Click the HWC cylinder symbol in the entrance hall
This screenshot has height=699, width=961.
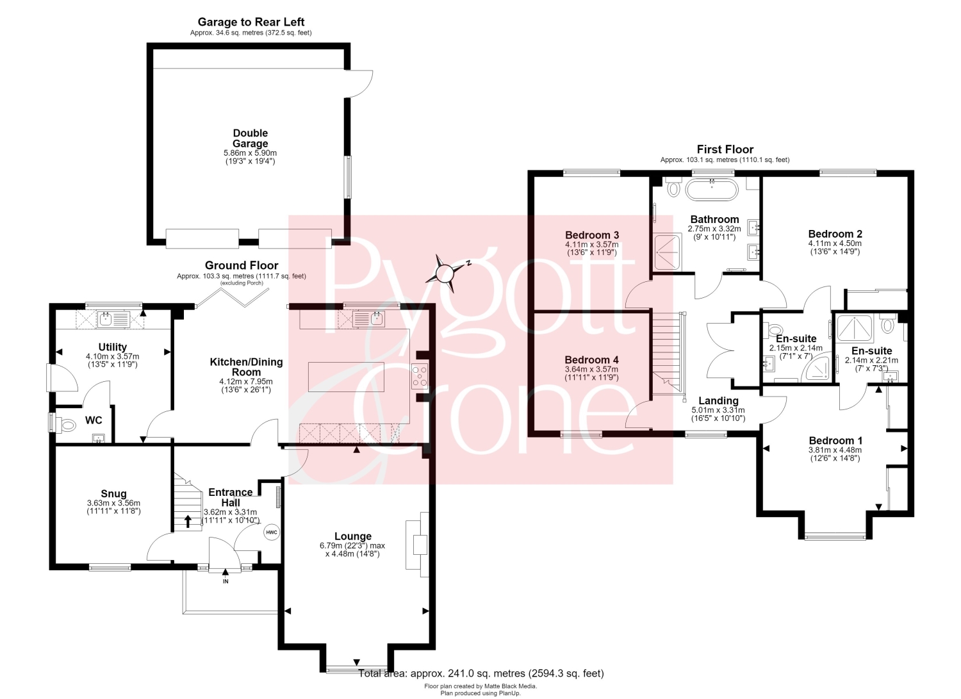click(x=272, y=532)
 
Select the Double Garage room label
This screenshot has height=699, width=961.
click(x=250, y=138)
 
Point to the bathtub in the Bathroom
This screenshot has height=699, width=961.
click(x=712, y=189)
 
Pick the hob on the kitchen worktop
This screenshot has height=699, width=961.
click(x=420, y=376)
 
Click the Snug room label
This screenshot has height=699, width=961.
click(x=113, y=493)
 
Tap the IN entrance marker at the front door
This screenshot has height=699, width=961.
click(x=226, y=581)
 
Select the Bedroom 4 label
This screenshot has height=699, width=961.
click(x=591, y=359)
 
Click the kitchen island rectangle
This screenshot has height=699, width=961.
click(x=346, y=377)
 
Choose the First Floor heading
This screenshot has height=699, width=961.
click(x=725, y=149)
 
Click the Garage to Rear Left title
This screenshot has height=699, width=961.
click(x=251, y=22)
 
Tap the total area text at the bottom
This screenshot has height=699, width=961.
click(x=481, y=673)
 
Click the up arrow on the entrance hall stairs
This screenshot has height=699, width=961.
click(x=188, y=521)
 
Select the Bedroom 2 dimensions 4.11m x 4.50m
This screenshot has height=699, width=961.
click(x=835, y=243)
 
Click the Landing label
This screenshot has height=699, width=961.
click(x=718, y=401)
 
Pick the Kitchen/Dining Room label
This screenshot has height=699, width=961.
click(x=246, y=367)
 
